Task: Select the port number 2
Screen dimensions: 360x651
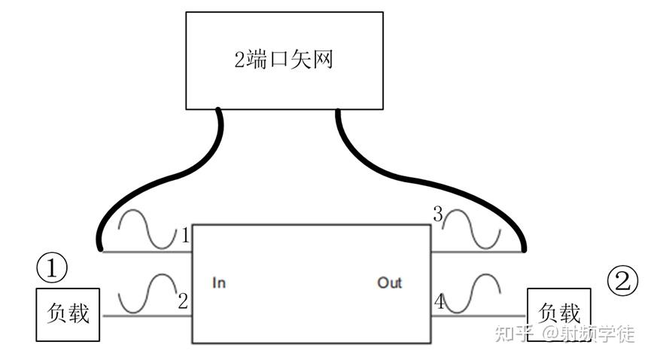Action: [x=182, y=302]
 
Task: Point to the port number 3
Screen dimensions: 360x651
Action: [x=437, y=215]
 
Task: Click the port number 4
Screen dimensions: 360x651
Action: [x=438, y=303]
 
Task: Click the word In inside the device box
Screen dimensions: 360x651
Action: [x=219, y=283]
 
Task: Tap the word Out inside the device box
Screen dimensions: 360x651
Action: [x=389, y=283]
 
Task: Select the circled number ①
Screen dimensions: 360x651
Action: [x=52, y=267]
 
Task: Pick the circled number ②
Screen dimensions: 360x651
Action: [x=622, y=281]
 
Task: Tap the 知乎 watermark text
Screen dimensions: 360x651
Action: [x=513, y=334]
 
